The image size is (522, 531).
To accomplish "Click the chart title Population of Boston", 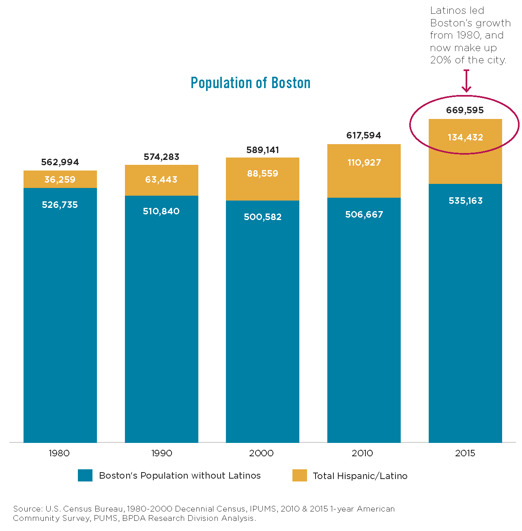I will coord(250,83).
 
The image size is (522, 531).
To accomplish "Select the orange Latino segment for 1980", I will coord(60,179).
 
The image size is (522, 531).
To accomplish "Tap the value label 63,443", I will coord(161,179).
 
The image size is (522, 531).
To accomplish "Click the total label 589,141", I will coord(262,150).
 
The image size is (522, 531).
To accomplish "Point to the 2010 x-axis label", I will coord(362,453).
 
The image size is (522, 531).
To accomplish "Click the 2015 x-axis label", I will coord(465,453).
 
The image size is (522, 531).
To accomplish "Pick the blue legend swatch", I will coord(85,475).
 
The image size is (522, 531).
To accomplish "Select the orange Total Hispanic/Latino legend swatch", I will coord(299,475).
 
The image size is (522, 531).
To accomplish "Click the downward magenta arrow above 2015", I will coord(466,82).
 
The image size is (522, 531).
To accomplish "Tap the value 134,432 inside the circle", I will coord(465,137).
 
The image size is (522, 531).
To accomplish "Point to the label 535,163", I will coord(465,201).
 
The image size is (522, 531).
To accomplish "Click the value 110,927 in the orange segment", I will coord(364,162).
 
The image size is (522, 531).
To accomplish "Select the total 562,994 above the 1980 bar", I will coord(60,162).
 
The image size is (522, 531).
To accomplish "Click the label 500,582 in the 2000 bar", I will coord(262,217).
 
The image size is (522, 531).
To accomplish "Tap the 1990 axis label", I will coord(161,453).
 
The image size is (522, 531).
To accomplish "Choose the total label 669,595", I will coord(465,110).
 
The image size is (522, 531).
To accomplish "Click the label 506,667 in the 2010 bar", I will coord(364,214).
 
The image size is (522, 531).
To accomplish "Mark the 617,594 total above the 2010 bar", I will coord(363,135).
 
